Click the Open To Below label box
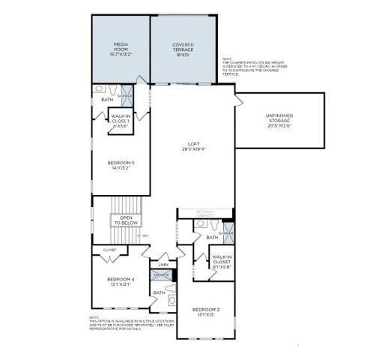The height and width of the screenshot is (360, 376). click(x=127, y=220)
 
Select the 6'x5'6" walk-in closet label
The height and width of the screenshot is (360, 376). click(x=121, y=120)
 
